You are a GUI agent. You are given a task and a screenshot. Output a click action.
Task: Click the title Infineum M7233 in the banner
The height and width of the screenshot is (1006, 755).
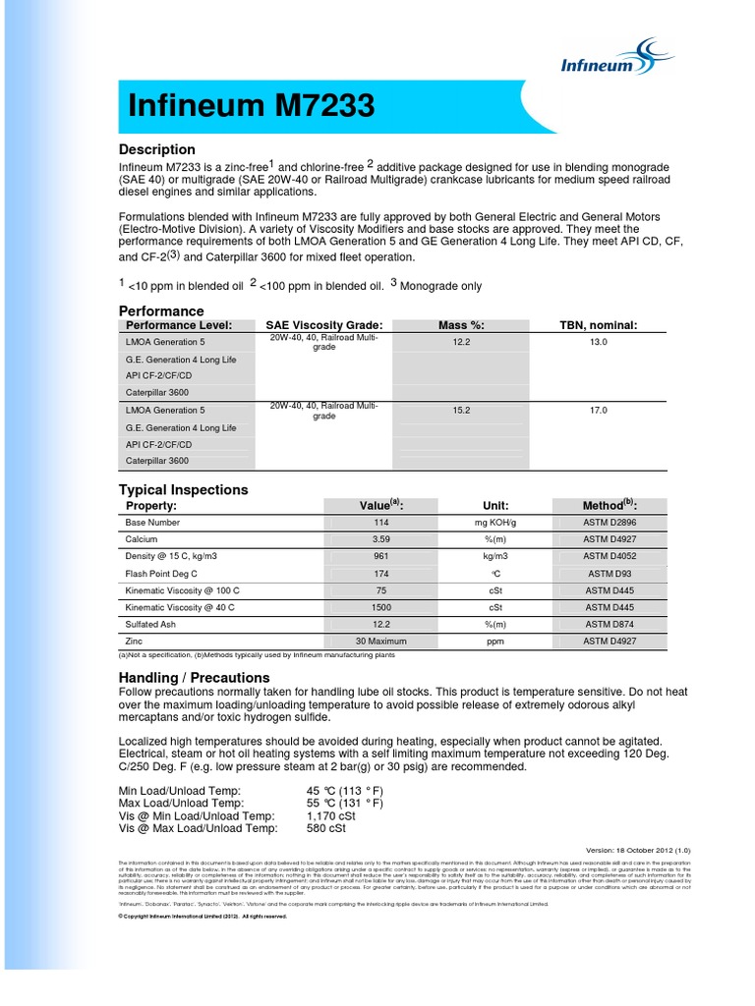tap(251, 106)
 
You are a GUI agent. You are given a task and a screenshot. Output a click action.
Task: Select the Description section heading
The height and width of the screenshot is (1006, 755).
tap(157, 149)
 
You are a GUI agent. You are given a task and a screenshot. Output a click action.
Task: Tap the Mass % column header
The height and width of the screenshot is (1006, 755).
tap(461, 325)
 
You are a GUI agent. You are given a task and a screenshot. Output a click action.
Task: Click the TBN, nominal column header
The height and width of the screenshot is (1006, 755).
tap(599, 325)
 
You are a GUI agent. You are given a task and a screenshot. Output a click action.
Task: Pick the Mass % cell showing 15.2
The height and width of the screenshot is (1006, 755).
tap(461, 410)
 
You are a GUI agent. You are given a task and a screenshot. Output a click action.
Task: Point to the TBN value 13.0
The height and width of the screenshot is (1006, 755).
tap(599, 341)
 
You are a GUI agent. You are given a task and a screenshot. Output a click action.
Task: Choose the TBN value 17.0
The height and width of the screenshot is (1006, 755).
tap(599, 410)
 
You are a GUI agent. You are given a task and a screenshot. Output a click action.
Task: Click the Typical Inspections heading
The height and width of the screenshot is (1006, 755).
tap(183, 489)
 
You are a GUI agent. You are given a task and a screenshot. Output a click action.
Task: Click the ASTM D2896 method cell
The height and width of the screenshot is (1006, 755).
tap(624, 523)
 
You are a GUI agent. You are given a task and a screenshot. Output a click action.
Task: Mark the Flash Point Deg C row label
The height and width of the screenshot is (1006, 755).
tap(161, 573)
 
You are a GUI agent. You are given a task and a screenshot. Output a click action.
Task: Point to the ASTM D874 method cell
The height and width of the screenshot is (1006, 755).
tap(624, 624)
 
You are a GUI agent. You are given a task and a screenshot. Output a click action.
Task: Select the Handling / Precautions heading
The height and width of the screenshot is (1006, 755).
tap(194, 677)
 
